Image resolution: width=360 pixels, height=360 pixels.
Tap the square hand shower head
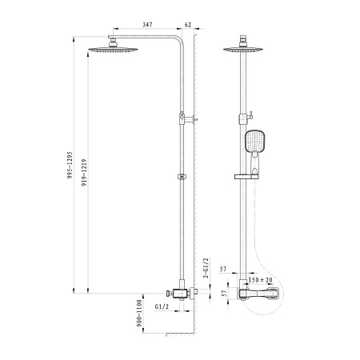[x=254, y=142]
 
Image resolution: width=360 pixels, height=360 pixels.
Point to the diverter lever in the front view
[x=251, y=112]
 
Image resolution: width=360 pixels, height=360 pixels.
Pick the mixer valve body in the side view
[x=182, y=292]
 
